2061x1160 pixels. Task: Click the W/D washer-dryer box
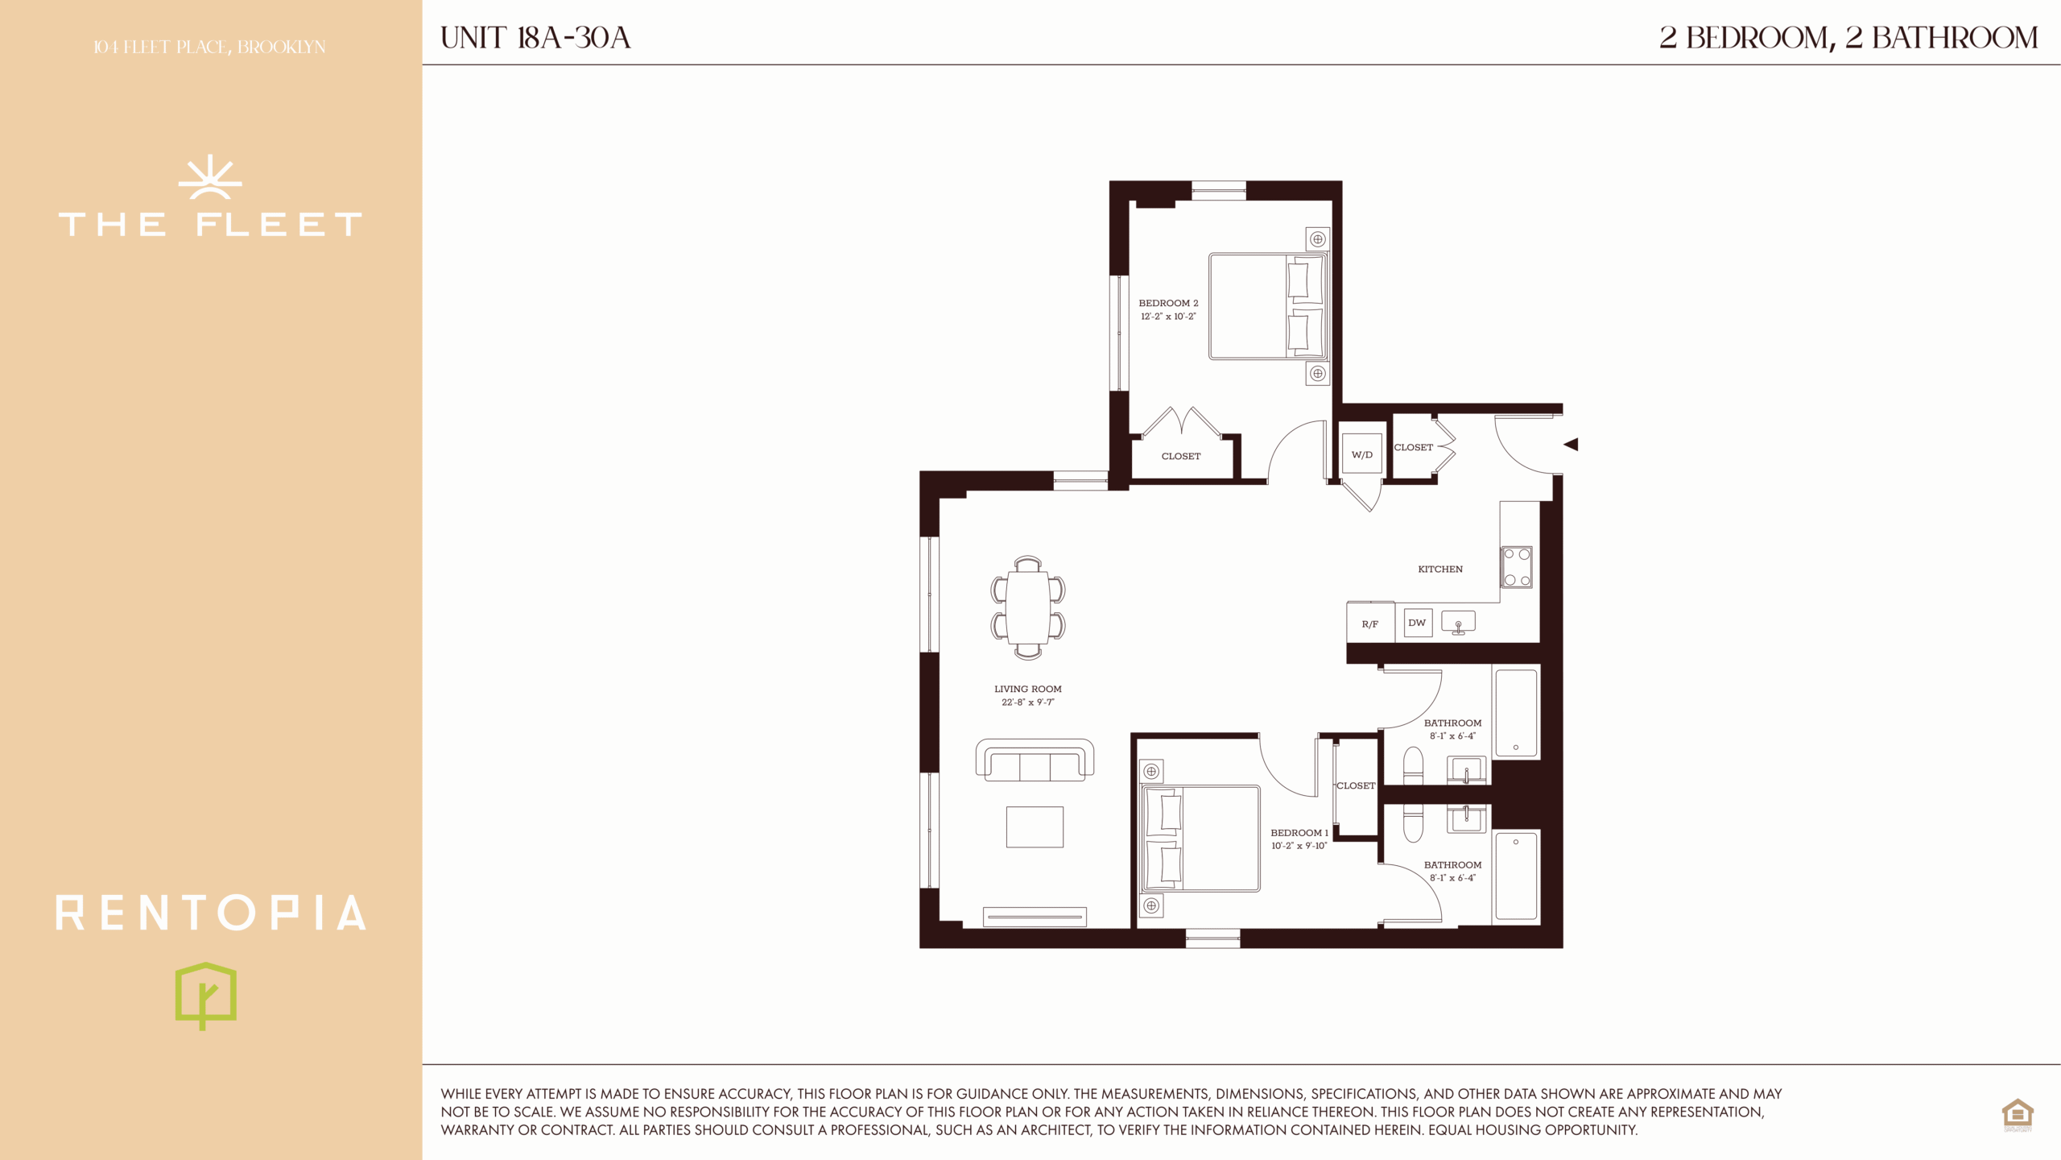(1361, 454)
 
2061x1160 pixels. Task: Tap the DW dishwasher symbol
(1418, 623)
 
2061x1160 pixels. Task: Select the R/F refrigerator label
(1369, 624)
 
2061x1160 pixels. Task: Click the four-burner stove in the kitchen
(1517, 567)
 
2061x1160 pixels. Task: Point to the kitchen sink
(1458, 622)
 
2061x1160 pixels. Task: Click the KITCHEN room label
(1440, 570)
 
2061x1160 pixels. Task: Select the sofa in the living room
(1035, 760)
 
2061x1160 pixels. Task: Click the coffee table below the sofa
(1035, 827)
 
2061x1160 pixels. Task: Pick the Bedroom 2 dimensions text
(1168, 317)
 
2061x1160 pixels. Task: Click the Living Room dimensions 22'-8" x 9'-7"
(1028, 702)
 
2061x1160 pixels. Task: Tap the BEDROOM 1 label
(1299, 833)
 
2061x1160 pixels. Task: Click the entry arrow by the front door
(1571, 444)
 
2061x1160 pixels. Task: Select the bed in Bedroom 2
(1268, 306)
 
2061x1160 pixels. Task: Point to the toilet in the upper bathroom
(1413, 765)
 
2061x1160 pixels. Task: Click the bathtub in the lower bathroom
(1517, 876)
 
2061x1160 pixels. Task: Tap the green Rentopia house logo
(206, 996)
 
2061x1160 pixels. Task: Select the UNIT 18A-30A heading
(535, 38)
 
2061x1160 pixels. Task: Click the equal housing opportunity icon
(2018, 1115)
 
